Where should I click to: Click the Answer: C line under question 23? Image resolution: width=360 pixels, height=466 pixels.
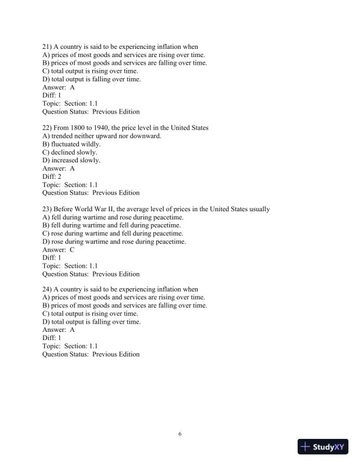[58, 249]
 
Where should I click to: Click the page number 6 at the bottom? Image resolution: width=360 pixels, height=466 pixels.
[180, 434]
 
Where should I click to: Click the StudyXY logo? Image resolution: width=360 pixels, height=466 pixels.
[323, 447]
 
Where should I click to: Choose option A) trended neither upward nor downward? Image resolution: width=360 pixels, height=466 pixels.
[101, 136]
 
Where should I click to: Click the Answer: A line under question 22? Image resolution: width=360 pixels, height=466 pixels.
[58, 168]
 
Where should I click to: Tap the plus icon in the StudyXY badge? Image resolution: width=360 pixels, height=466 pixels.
[305, 447]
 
